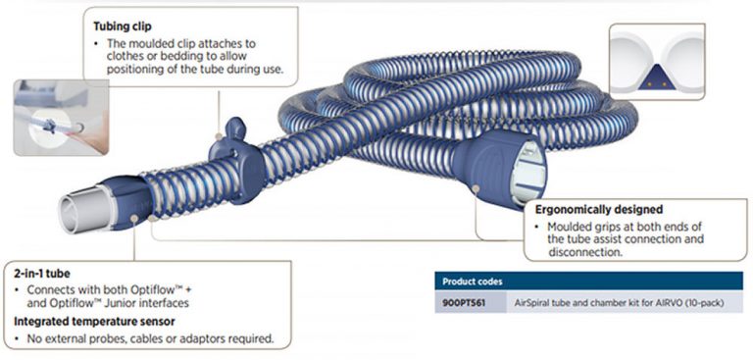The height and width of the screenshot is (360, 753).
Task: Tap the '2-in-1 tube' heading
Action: [42, 274]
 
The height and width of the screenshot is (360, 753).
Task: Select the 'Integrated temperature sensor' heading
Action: [94, 321]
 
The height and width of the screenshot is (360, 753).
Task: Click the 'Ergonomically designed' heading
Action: [599, 210]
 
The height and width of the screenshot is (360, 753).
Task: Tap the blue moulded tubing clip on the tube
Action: [236, 160]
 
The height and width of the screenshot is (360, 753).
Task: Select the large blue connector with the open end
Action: [499, 168]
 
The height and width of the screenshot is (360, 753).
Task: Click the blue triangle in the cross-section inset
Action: [656, 79]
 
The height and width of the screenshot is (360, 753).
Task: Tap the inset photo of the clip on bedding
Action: [61, 118]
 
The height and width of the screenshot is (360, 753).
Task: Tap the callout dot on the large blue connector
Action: [476, 188]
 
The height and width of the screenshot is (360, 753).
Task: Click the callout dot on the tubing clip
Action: [219, 136]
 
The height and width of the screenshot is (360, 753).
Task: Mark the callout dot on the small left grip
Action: [135, 218]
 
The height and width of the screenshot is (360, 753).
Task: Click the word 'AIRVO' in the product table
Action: [677, 303]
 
